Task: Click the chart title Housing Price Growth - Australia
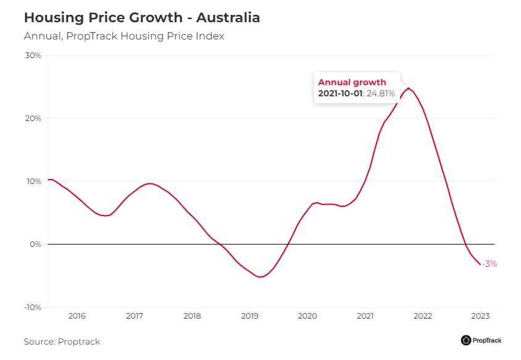(142, 18)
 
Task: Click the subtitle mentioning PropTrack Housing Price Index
(123, 36)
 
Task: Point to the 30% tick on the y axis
(33, 56)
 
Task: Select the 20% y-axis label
(33, 119)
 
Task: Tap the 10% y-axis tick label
(33, 182)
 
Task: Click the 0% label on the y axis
(35, 245)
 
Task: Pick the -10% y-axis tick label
(32, 308)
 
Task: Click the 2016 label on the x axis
(77, 316)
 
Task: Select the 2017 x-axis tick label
(135, 316)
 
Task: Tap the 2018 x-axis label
(192, 316)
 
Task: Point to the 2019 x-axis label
(249, 316)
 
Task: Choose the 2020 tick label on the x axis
(307, 316)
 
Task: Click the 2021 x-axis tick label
(365, 316)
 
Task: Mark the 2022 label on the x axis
(423, 316)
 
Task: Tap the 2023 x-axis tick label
(480, 316)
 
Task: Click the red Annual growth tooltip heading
(352, 82)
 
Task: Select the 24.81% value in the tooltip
(381, 94)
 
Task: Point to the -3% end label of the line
(489, 264)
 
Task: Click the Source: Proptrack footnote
(62, 341)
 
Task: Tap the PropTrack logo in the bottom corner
(481, 340)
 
